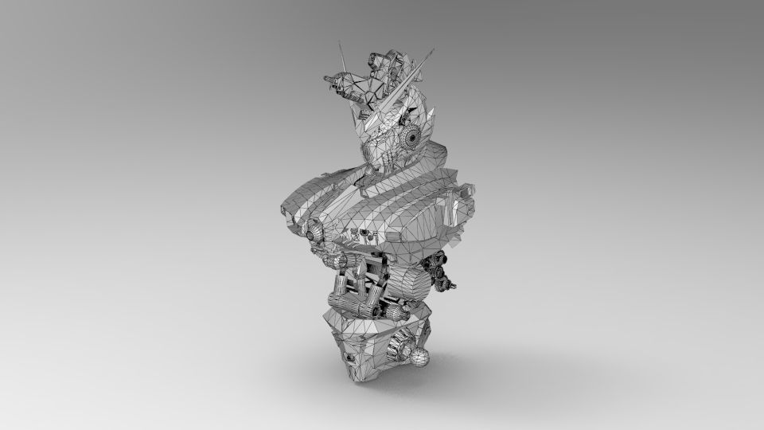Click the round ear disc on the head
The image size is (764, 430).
[413, 138]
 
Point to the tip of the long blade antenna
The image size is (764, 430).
[435, 49]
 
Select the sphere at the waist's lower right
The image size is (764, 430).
[419, 356]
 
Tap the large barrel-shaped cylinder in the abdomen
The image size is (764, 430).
[411, 283]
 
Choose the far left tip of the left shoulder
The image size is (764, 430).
[282, 209]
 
